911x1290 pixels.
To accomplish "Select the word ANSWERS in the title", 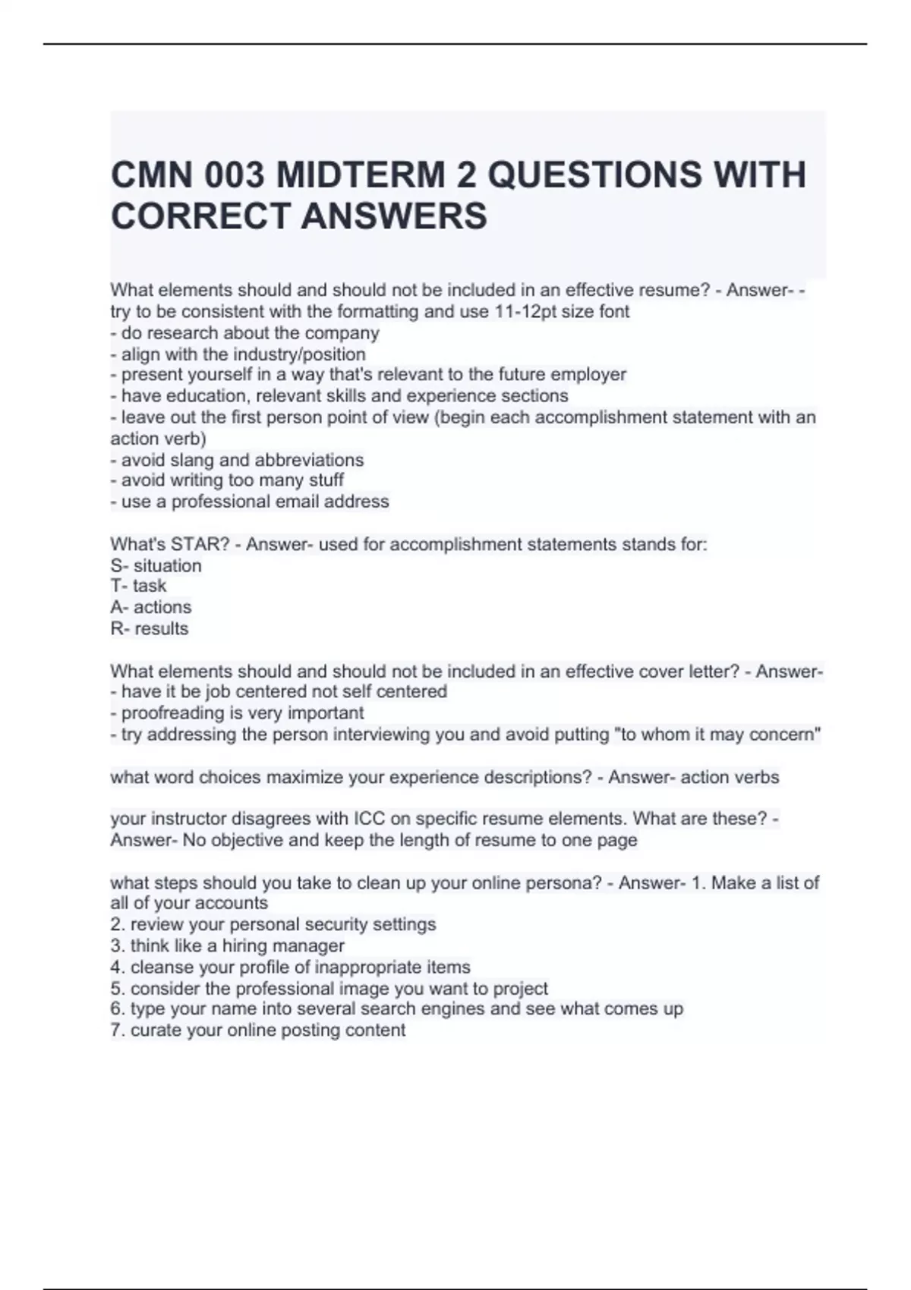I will click(x=394, y=216).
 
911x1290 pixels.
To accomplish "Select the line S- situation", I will click(x=156, y=566).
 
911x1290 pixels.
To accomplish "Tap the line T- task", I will click(x=138, y=586).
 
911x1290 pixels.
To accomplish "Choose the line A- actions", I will click(x=150, y=607).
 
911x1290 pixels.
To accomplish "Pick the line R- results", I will click(x=149, y=628).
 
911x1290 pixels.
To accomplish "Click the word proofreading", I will click(x=174, y=713).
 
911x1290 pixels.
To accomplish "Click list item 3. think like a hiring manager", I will click(x=227, y=945).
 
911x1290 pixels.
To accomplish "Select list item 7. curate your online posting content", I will click(x=257, y=1030).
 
